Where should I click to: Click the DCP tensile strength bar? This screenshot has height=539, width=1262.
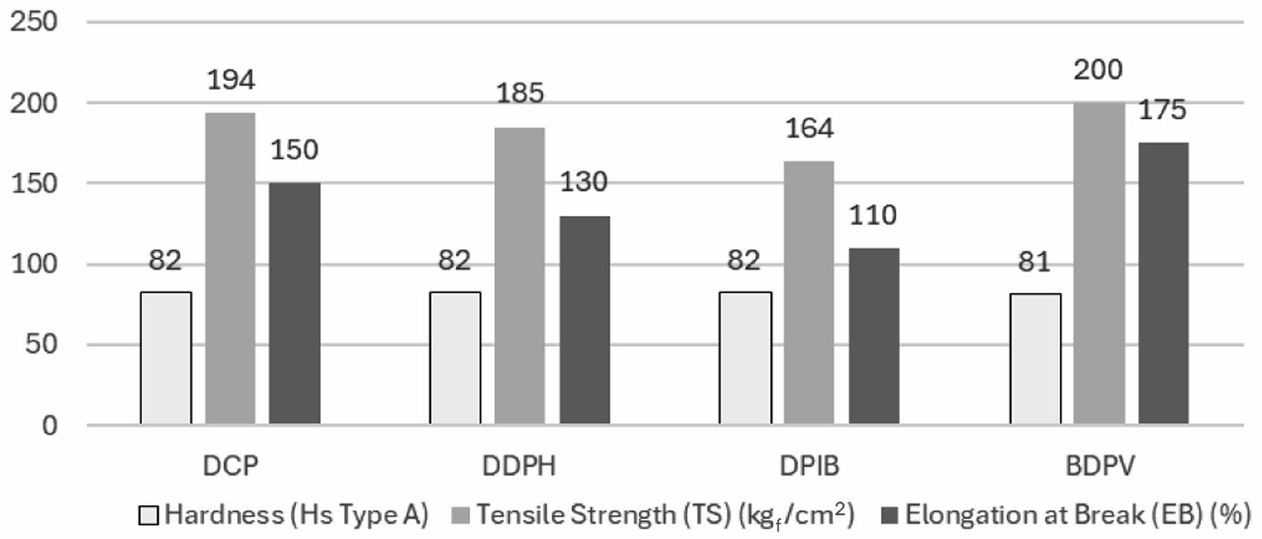pyautogui.click(x=231, y=268)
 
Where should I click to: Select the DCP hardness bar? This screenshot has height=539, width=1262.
pyautogui.click(x=166, y=358)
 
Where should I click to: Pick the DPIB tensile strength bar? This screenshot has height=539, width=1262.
pyautogui.click(x=809, y=292)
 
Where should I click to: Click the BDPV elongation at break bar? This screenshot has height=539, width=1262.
pyautogui.click(x=1163, y=283)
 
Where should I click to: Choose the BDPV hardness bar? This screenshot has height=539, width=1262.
pyautogui.click(x=1035, y=358)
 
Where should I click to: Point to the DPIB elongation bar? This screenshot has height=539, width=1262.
pyautogui.click(x=874, y=336)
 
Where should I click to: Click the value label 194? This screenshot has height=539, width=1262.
pyautogui.click(x=231, y=80)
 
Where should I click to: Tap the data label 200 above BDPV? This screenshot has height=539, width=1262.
pyautogui.click(x=1098, y=70)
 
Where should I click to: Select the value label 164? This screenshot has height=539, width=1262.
pyautogui.click(x=809, y=128)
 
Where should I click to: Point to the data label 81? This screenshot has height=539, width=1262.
pyautogui.click(x=1034, y=262)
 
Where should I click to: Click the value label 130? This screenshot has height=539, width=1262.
pyautogui.click(x=583, y=182)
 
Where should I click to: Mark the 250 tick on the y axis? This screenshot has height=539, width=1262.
pyautogui.click(x=34, y=22)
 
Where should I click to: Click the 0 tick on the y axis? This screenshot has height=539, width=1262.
pyautogui.click(x=49, y=425)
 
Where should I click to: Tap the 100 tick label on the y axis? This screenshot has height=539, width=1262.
pyautogui.click(x=34, y=265)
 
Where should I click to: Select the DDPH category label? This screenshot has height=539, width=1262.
pyautogui.click(x=519, y=466)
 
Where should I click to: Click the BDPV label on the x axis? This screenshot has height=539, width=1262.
pyautogui.click(x=1100, y=466)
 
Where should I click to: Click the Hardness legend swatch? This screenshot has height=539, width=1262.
pyautogui.click(x=149, y=516)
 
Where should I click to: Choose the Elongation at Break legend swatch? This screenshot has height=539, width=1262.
pyautogui.click(x=890, y=516)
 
